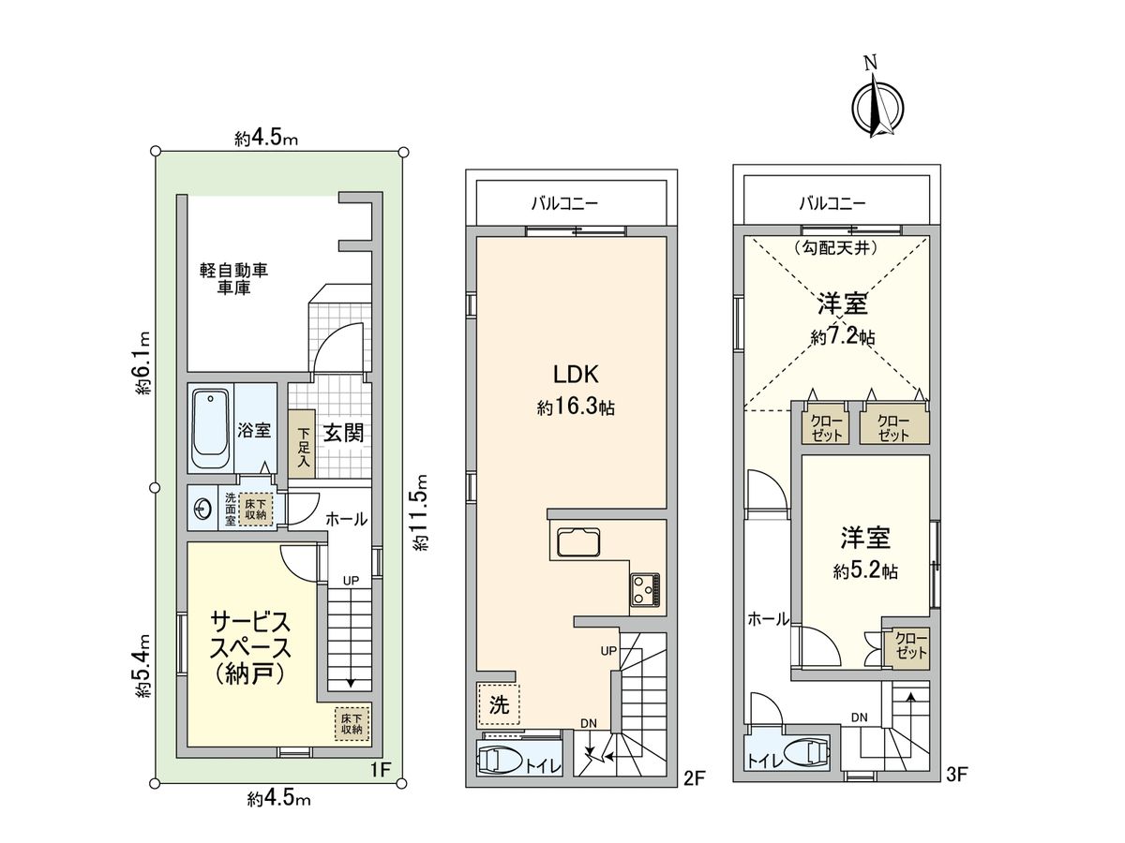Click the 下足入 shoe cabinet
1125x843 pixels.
pos(302,446)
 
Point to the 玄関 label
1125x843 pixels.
pos(342,433)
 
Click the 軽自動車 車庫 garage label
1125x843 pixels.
pos(233,279)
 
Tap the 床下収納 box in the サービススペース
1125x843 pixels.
pos(352,722)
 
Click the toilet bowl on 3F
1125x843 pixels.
pos(809,753)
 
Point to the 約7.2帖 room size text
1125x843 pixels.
pos(842,338)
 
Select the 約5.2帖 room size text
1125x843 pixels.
pos(865,570)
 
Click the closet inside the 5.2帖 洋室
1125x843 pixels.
pos(909,646)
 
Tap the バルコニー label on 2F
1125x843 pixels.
pos(564,201)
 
